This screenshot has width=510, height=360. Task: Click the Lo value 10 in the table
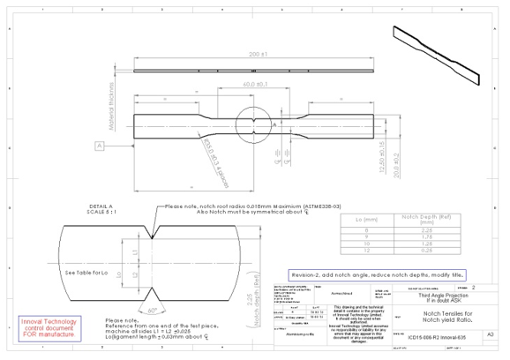[362, 244]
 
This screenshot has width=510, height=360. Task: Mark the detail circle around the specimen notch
[253, 124]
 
